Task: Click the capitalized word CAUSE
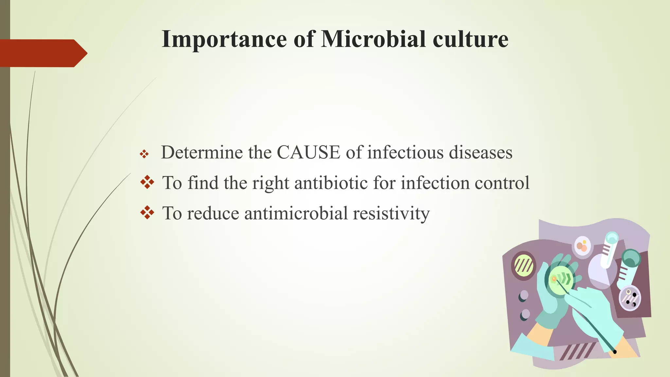(x=309, y=153)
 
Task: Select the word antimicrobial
(x=296, y=213)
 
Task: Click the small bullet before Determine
(x=144, y=154)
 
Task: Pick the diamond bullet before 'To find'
(x=147, y=182)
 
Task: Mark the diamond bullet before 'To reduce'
(x=147, y=213)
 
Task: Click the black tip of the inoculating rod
(x=615, y=352)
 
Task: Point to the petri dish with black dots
(x=630, y=298)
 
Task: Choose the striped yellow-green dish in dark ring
(x=523, y=265)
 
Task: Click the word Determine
(x=216, y=153)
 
